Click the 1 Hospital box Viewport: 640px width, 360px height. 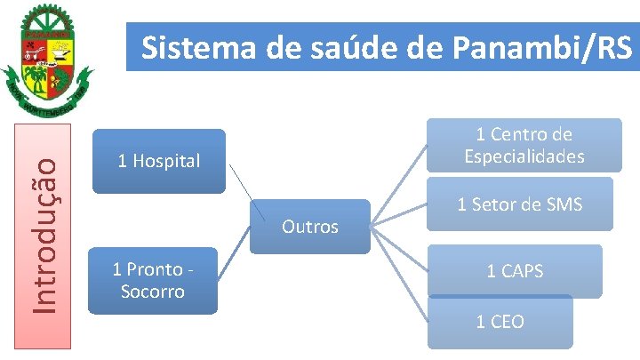point(159,161)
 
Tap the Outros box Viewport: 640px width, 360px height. point(309,227)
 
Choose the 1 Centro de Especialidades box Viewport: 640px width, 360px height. point(524,146)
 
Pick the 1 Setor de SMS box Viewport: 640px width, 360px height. point(519,205)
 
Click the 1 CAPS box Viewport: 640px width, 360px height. point(514,271)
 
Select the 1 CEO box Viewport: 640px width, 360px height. point(500,322)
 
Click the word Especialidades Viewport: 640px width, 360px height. point(524,156)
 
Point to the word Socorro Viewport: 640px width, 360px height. point(153,292)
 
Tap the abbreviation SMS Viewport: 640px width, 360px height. point(564,205)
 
